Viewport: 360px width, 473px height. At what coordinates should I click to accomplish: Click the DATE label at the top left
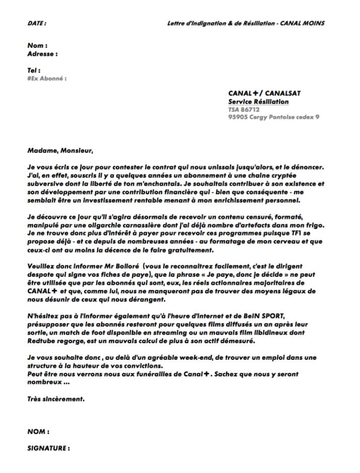[x=37, y=23]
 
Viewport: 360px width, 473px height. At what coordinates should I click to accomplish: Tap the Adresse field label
[x=42, y=53]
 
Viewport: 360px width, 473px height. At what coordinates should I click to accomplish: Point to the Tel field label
[x=34, y=70]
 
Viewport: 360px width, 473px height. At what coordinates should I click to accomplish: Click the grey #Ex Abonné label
[x=47, y=78]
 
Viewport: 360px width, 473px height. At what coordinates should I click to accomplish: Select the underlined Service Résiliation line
[x=258, y=102]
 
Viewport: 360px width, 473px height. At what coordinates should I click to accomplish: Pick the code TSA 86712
[x=244, y=109]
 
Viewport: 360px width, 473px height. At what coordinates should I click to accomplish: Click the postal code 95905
[x=238, y=117]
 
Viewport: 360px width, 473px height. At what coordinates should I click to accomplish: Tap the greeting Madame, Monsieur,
[x=60, y=150]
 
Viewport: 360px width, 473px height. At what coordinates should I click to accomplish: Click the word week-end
[x=173, y=357]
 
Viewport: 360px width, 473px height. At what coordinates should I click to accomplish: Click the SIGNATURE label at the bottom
[x=48, y=448]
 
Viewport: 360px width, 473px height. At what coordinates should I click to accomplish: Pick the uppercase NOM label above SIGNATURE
[x=38, y=432]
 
